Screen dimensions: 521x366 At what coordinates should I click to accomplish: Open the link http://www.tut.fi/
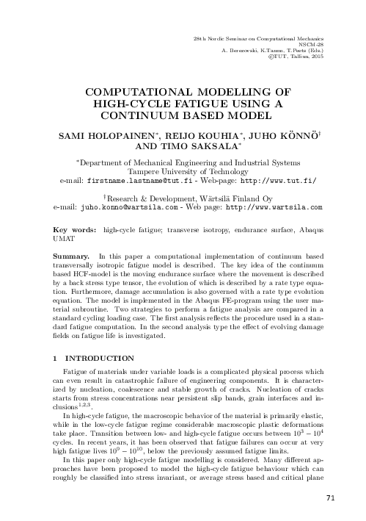(x=280, y=181)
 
